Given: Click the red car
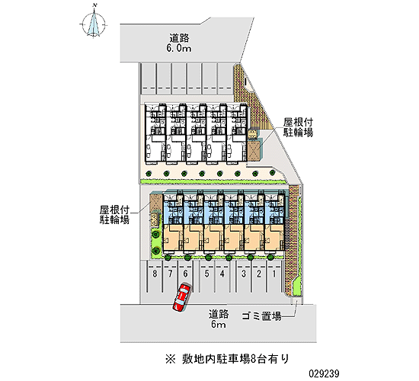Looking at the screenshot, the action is pos(182,297).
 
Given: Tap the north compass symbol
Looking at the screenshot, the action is pos(94,24).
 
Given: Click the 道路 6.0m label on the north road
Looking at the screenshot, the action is pos(179,43).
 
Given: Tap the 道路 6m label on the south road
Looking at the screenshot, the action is pos(219,319).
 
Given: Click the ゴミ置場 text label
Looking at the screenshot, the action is pos(261,316).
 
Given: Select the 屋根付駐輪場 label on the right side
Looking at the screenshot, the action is pos(298,127).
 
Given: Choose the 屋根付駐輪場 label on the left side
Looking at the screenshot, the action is pos(114,215).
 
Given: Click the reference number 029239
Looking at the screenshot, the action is pos(324,373).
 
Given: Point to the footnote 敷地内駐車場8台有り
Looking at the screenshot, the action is pos(235,359).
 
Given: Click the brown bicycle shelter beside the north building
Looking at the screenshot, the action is pos(254,151).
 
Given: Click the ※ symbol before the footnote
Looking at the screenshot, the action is pos(170,359).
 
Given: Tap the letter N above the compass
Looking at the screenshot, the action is pos(94,5).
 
